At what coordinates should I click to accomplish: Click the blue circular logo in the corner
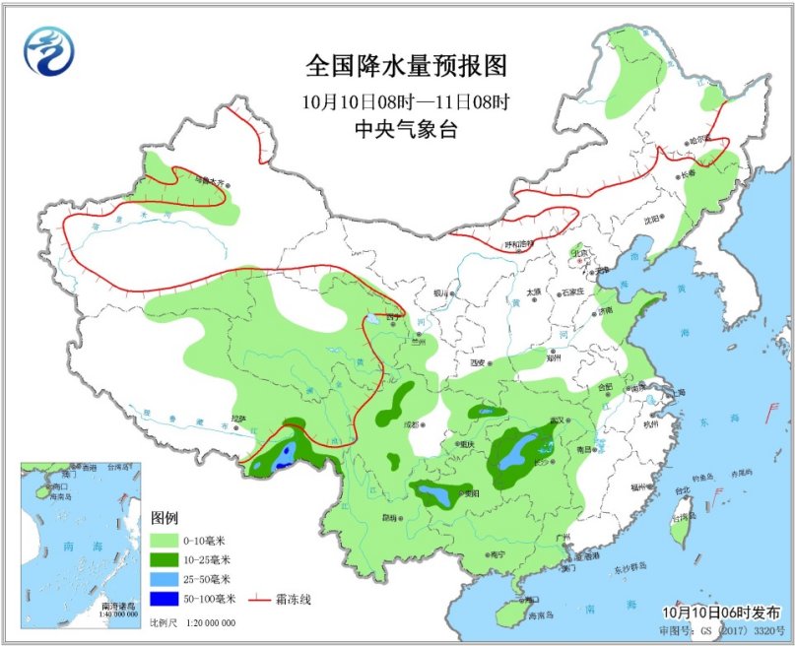[x=50, y=51]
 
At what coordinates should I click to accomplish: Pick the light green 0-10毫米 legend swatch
[x=169, y=541]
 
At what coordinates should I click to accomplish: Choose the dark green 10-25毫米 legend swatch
[x=169, y=559]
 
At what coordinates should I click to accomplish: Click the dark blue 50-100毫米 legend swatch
[x=169, y=598]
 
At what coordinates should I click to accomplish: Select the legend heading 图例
[x=164, y=518]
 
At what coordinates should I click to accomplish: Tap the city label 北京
[x=580, y=253]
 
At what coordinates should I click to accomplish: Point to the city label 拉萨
[x=237, y=419]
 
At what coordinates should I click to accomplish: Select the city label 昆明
[x=388, y=517]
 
